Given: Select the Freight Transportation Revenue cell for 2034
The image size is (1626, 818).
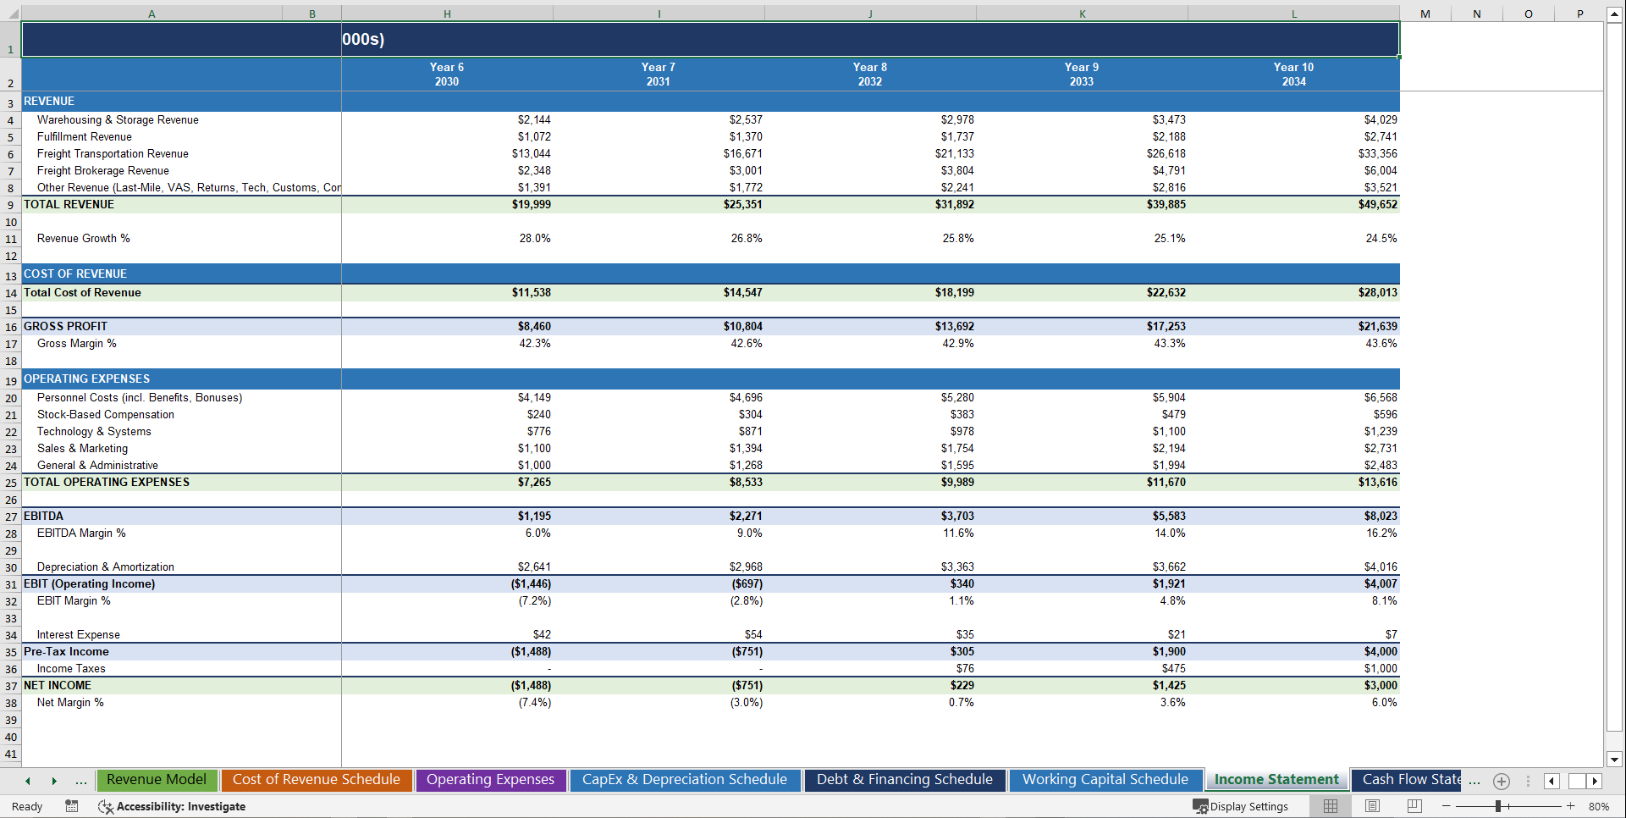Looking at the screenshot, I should [1377, 153].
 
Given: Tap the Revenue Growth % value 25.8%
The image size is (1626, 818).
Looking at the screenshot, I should [957, 239].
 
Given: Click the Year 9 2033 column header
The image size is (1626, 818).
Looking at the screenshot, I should [1081, 75].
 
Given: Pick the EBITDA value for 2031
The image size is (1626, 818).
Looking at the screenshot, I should [745, 516].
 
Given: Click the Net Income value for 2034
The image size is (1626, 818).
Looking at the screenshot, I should [1380, 685].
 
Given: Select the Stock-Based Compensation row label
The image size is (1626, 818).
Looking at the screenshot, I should [105, 414].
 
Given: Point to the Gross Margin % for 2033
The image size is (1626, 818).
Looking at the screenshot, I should [1169, 343].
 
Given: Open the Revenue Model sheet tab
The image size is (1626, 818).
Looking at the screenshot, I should [157, 779].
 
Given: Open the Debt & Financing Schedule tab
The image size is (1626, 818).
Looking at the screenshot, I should [904, 779].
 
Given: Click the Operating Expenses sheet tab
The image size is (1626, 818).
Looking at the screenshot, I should [490, 779].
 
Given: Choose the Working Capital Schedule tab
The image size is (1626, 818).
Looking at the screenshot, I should [1105, 779].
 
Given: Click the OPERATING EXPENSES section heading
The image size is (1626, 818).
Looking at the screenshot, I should [86, 379].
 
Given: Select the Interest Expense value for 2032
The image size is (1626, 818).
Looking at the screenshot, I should [964, 634].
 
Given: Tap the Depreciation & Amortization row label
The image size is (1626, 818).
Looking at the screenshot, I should [105, 567].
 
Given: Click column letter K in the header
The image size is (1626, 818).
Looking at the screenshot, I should [1082, 14].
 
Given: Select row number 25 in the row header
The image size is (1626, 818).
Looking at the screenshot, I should [10, 483].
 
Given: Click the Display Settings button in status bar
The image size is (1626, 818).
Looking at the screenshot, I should [1241, 806].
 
